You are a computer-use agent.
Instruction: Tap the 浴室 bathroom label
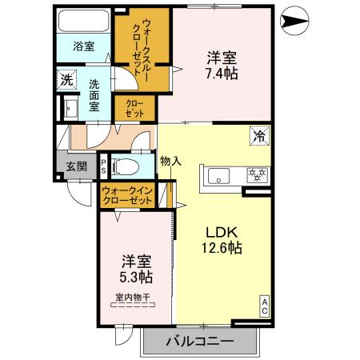(83, 46)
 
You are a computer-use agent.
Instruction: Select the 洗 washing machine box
(66, 80)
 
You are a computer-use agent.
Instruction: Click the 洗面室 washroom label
(95, 94)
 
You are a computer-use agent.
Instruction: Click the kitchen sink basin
(219, 174)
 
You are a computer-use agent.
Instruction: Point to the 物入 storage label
(170, 160)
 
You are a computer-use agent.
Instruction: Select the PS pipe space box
(103, 166)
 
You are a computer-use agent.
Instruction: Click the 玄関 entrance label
(76, 166)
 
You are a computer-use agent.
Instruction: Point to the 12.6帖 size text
(221, 249)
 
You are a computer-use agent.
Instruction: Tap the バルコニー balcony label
(200, 342)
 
